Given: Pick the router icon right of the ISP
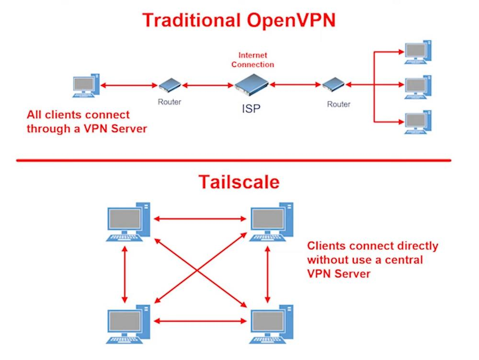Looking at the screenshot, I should (333, 86).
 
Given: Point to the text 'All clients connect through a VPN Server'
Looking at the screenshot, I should (86, 122).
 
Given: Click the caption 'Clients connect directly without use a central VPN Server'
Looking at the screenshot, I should (372, 260).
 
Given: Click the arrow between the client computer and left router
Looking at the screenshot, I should (129, 86).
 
